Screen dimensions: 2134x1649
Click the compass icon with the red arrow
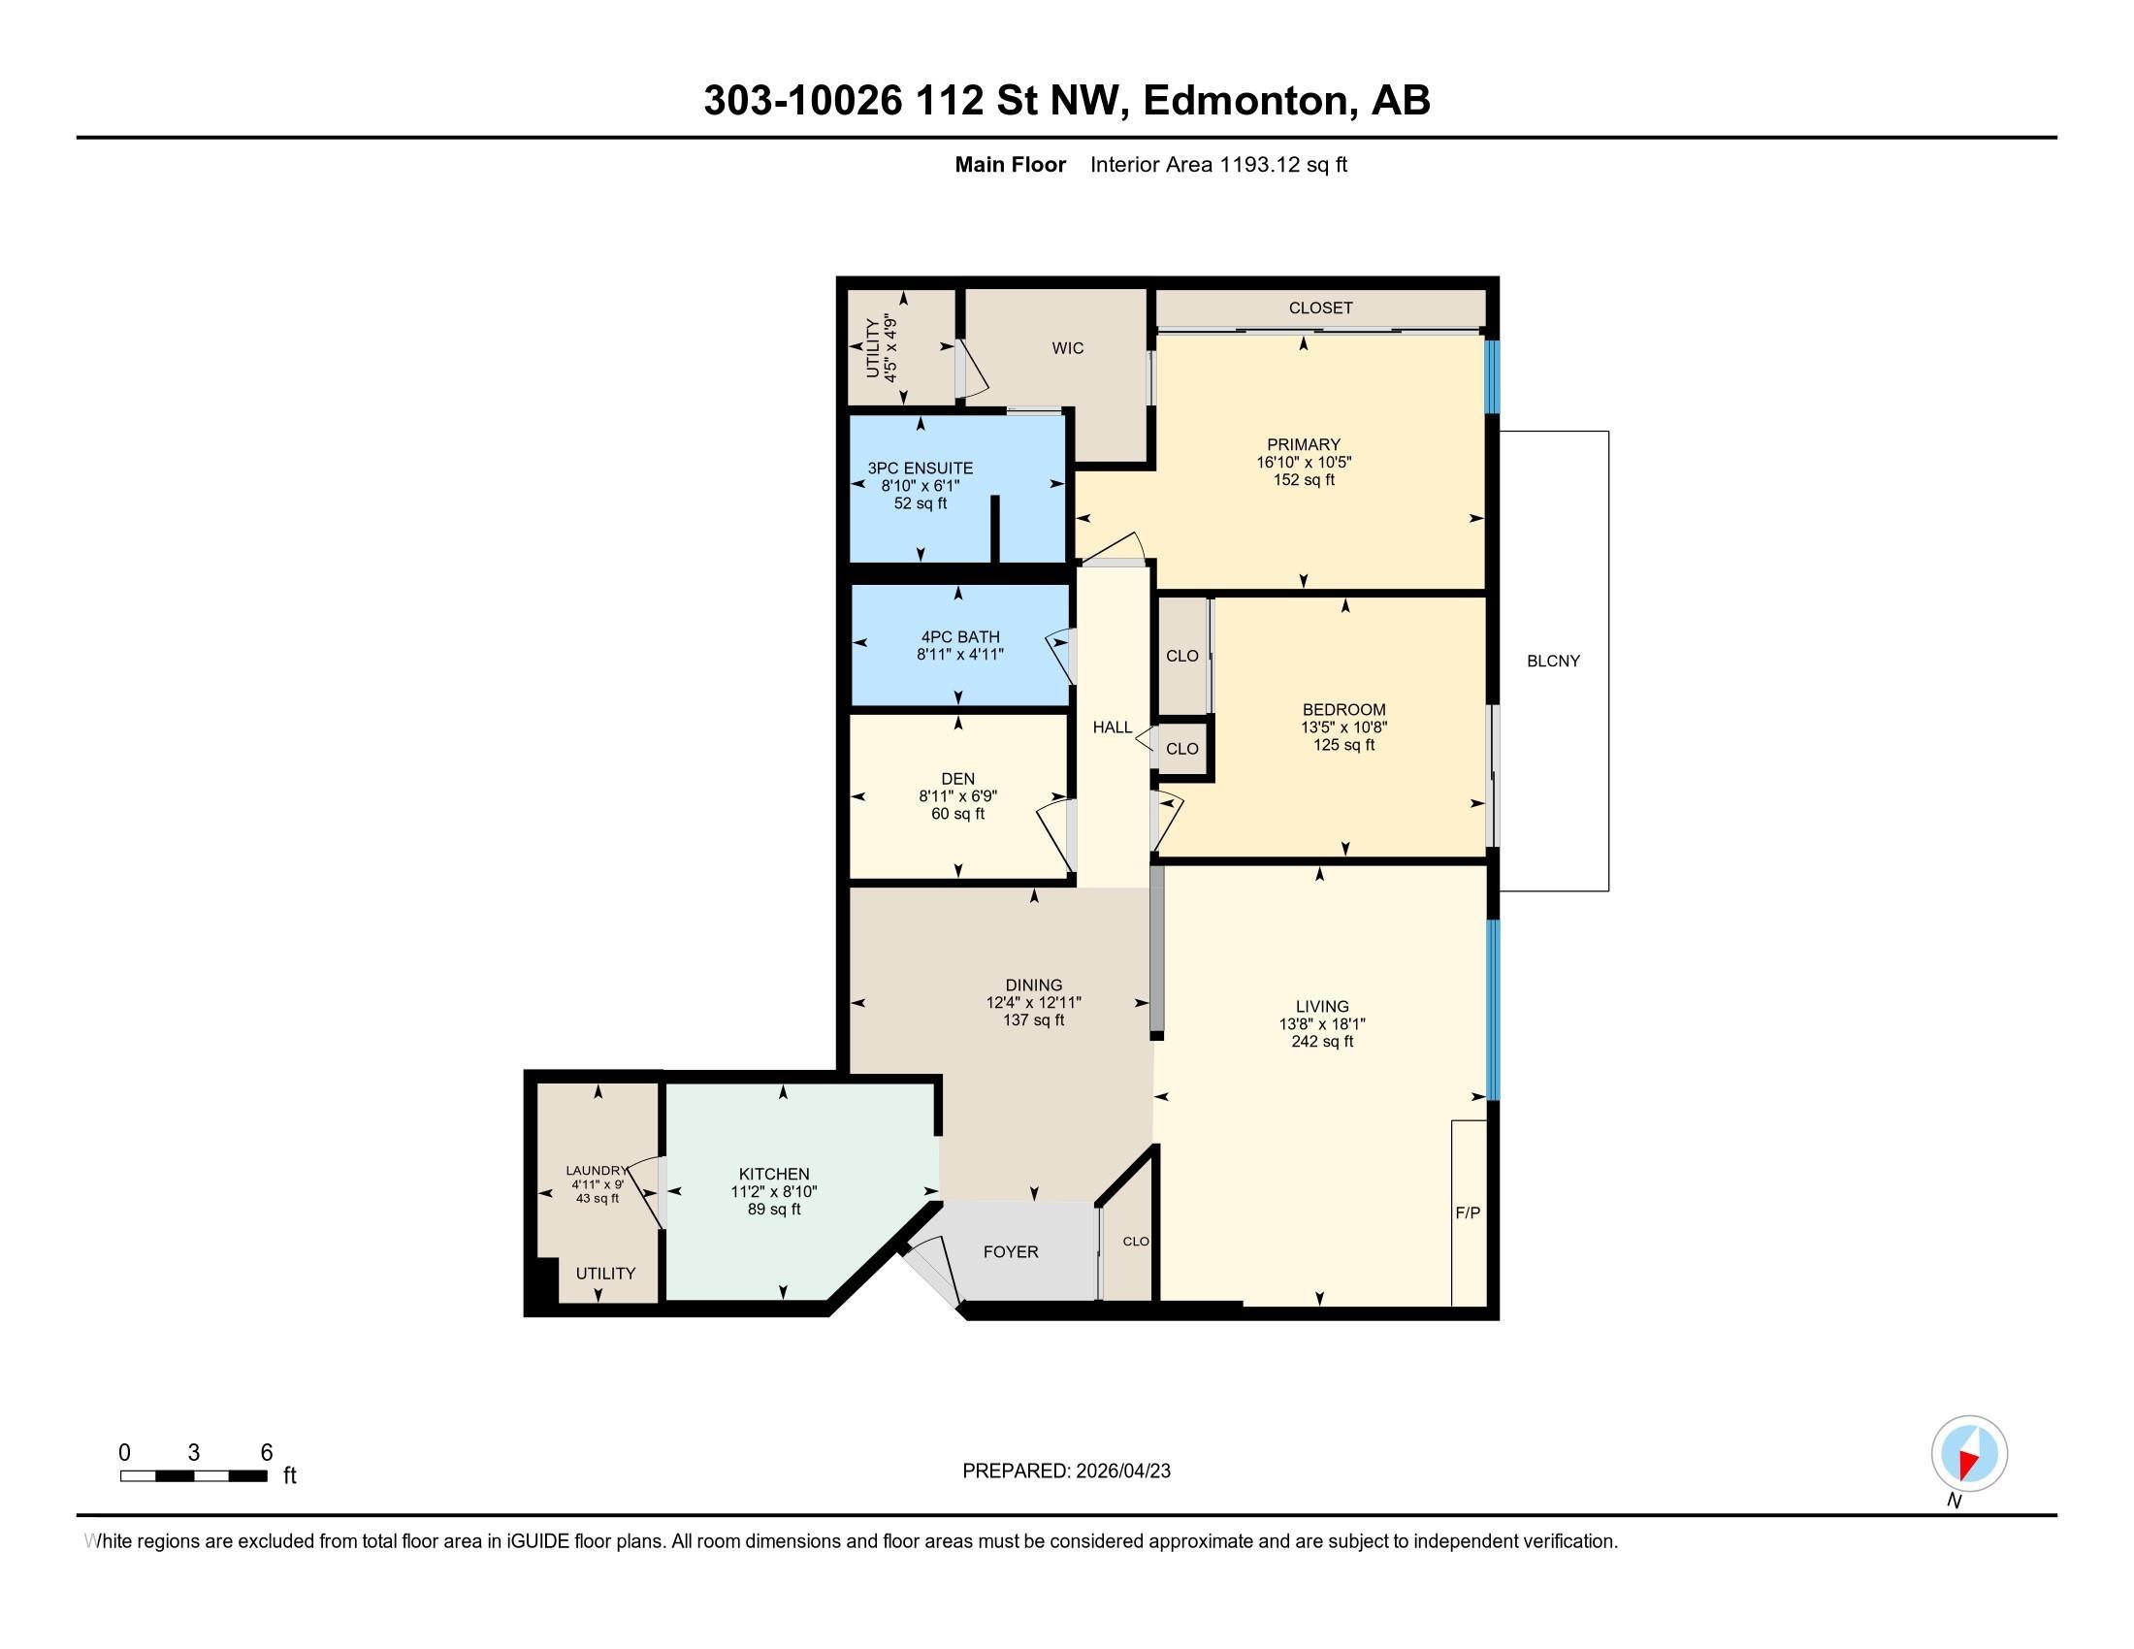1969,1454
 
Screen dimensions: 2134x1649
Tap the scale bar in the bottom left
193,1476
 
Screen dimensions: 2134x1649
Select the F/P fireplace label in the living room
1468,1212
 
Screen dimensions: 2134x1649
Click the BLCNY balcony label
1553,661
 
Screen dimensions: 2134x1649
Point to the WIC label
1068,348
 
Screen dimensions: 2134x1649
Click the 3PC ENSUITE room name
921,468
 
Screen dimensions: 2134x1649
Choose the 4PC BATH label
960,637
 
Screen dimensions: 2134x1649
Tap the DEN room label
957,779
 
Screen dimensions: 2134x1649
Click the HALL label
1112,727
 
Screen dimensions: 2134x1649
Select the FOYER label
1011,1251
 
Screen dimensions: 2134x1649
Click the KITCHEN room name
774,1175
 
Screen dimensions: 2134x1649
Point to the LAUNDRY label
596,1171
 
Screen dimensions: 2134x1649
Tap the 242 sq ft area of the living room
1322,1042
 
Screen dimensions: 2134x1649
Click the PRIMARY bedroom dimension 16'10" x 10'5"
1304,462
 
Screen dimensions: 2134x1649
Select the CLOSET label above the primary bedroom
1320,307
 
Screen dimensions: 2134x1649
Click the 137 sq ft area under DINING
1034,1019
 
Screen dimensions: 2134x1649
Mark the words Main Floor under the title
1011,164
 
